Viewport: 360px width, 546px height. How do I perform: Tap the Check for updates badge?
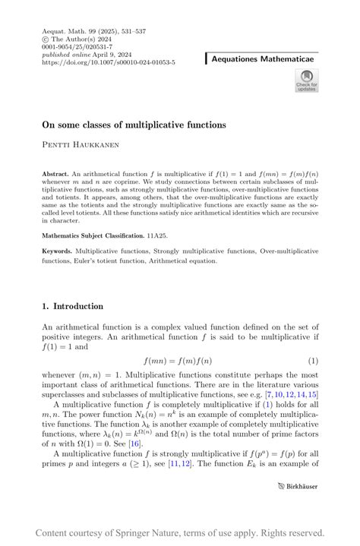(x=306, y=80)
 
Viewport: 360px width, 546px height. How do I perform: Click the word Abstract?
(x=56, y=174)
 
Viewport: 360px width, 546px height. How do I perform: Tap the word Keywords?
(x=57, y=251)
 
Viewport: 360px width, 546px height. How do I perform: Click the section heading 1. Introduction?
(x=73, y=307)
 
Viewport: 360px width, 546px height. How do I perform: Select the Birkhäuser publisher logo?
(x=298, y=485)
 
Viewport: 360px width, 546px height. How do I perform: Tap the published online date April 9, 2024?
(x=107, y=55)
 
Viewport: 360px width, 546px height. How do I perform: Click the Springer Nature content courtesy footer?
(x=179, y=533)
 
